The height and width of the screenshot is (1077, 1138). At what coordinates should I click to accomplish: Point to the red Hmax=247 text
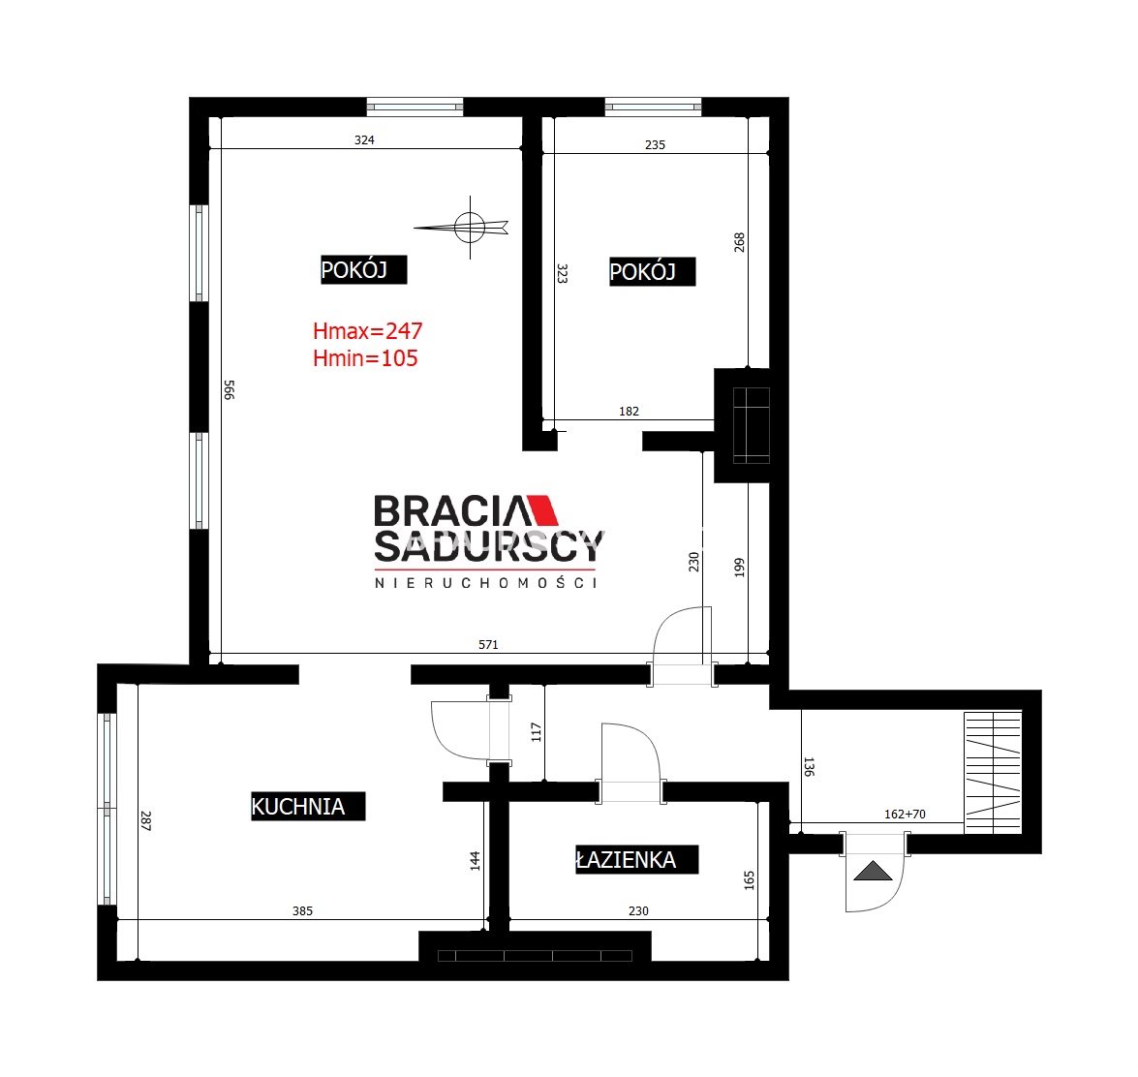click(x=368, y=331)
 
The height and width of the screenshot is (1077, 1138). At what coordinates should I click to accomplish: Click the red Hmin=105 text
click(x=365, y=357)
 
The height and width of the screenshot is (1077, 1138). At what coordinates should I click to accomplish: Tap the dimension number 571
click(x=488, y=644)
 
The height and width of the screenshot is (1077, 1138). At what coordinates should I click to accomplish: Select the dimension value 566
click(x=229, y=389)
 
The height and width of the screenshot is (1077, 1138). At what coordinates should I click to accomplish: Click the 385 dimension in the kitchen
click(x=302, y=910)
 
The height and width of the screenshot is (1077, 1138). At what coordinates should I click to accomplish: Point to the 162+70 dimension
click(x=905, y=815)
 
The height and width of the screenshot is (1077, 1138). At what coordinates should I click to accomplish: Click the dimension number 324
click(x=364, y=140)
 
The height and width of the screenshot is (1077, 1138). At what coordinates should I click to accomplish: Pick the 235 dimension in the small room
click(x=656, y=145)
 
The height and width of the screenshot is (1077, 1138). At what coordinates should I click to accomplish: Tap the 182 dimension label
click(x=630, y=412)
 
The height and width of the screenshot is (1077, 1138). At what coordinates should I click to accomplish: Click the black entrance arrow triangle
click(x=873, y=871)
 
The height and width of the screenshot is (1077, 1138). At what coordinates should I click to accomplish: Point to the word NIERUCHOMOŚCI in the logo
click(x=485, y=583)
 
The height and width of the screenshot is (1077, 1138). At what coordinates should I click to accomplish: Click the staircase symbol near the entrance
click(x=993, y=772)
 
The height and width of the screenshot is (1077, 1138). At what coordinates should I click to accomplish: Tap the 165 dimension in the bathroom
click(x=750, y=880)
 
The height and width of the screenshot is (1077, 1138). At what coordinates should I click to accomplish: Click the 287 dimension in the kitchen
click(x=145, y=820)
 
